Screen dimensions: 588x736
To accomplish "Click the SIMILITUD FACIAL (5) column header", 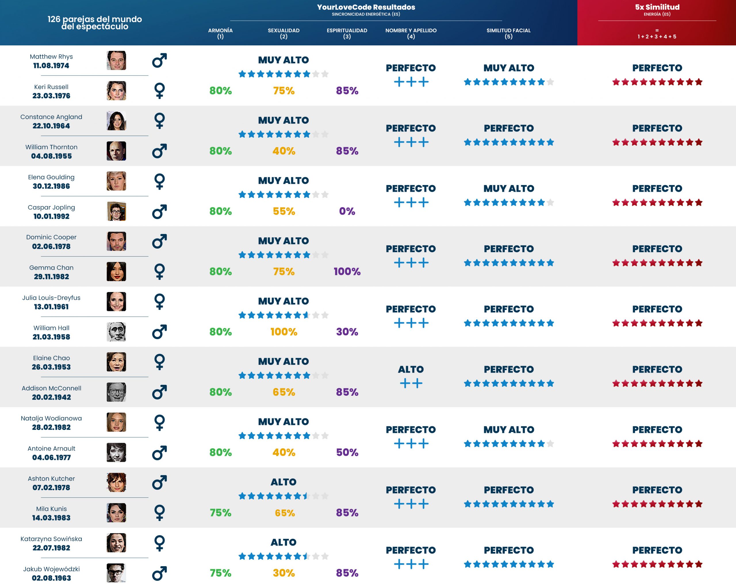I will pyautogui.click(x=508, y=33).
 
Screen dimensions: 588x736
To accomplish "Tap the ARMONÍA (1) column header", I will pyautogui.click(x=220, y=33).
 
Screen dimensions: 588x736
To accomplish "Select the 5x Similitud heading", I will pyautogui.click(x=657, y=7).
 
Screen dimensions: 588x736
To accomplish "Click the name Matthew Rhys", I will pyautogui.click(x=51, y=57).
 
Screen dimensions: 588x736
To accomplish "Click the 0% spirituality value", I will pyautogui.click(x=347, y=211).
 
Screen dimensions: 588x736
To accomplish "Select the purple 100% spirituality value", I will pyautogui.click(x=347, y=272).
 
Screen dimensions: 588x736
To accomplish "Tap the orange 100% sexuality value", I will pyautogui.click(x=284, y=332).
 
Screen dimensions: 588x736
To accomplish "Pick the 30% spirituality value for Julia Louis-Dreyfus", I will pyautogui.click(x=347, y=332).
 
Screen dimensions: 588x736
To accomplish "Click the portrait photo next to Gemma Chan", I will pyautogui.click(x=116, y=272).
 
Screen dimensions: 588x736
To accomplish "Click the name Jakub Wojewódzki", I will pyautogui.click(x=51, y=569).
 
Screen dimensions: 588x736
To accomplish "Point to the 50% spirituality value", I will pyautogui.click(x=347, y=453).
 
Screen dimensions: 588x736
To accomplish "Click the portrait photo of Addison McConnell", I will pyautogui.click(x=116, y=392).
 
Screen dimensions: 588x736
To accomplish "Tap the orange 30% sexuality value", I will pyautogui.click(x=284, y=573).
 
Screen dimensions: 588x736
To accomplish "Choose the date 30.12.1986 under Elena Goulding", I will pyautogui.click(x=51, y=186).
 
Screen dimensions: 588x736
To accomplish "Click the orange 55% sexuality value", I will pyautogui.click(x=284, y=211).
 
